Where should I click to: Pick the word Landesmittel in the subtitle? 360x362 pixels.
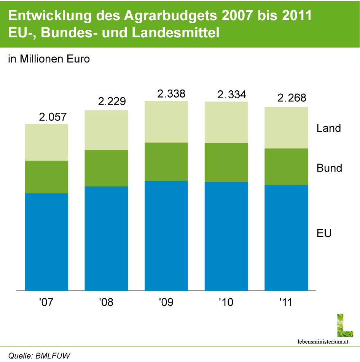(x=175, y=33)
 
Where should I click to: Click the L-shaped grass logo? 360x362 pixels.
(x=344, y=325)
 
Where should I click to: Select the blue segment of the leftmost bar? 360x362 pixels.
(x=46, y=242)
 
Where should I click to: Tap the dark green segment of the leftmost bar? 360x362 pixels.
(x=46, y=177)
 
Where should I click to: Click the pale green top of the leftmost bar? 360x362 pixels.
(x=46, y=142)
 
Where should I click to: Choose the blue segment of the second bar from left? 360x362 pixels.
(x=106, y=239)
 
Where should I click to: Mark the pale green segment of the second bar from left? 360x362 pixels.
(x=106, y=130)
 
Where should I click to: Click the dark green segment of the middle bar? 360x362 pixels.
(x=166, y=162)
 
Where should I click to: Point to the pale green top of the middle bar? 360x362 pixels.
(x=166, y=122)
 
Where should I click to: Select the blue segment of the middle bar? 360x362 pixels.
(x=166, y=236)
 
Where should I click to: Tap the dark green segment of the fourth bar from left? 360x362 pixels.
(x=226, y=162)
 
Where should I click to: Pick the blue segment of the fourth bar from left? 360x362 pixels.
(x=226, y=236)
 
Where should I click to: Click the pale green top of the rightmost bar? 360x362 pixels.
(x=286, y=127)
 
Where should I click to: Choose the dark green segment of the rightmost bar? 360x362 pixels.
(x=286, y=167)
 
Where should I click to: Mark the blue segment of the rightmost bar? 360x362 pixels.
(x=286, y=238)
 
